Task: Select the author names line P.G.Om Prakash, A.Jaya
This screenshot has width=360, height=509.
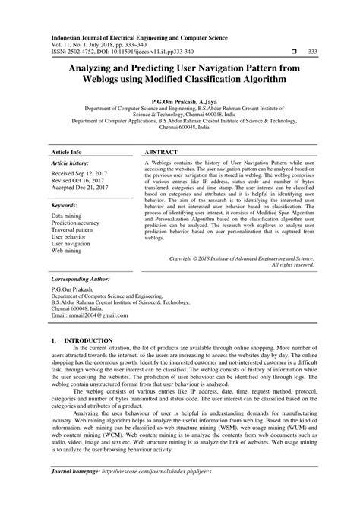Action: [x=179, y=100]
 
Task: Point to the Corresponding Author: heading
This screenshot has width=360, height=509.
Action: [x=81, y=280]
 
